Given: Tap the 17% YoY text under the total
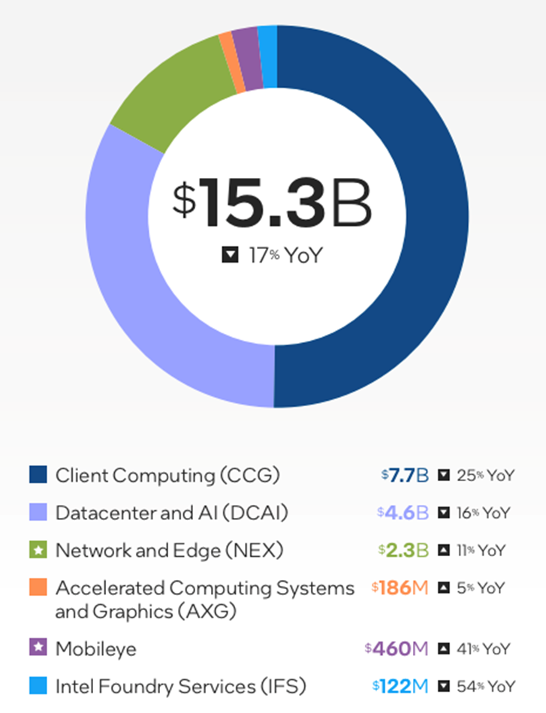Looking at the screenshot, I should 285,255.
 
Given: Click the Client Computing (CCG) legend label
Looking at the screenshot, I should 167,475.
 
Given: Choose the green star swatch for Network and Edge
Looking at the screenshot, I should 38,550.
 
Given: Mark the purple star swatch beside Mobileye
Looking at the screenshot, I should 38,648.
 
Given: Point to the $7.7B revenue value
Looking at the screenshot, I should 405,475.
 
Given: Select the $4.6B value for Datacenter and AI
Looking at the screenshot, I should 403,513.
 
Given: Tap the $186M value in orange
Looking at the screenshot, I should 400,587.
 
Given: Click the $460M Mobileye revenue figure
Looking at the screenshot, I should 396,648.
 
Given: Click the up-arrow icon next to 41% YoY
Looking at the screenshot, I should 445,648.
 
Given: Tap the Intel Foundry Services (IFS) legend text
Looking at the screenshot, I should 180,686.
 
